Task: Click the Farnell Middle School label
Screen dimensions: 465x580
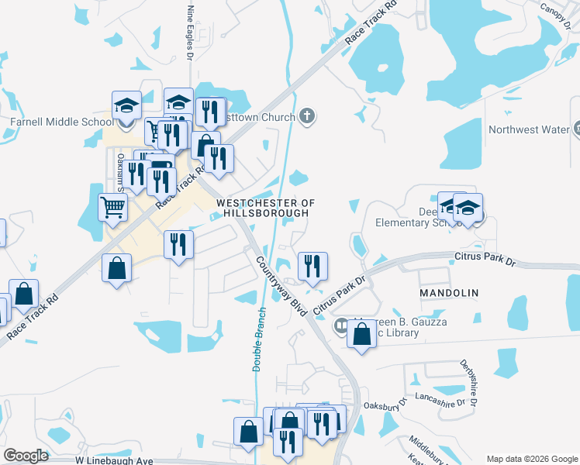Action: (61, 122)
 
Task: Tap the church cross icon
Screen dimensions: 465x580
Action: (307, 117)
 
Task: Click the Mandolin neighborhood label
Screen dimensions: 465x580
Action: (449, 293)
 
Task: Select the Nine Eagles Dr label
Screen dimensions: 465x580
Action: (190, 31)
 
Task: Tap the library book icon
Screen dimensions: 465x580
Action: (340, 327)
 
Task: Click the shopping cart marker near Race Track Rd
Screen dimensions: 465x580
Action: (113, 207)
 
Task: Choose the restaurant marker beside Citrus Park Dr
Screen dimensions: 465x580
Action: (312, 266)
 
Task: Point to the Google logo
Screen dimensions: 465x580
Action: (26, 456)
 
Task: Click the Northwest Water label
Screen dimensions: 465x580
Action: (528, 129)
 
